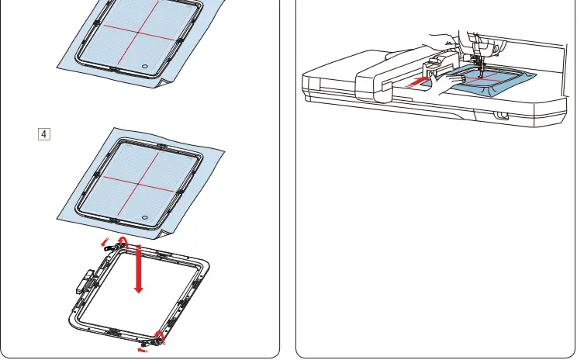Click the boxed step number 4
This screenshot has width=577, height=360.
pyautogui.click(x=43, y=134)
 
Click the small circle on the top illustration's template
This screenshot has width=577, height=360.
pyautogui.click(x=144, y=67)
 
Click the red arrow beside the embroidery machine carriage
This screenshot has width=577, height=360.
pyautogui.click(x=417, y=79)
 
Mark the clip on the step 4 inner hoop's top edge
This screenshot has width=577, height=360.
pyautogui.click(x=161, y=146)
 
